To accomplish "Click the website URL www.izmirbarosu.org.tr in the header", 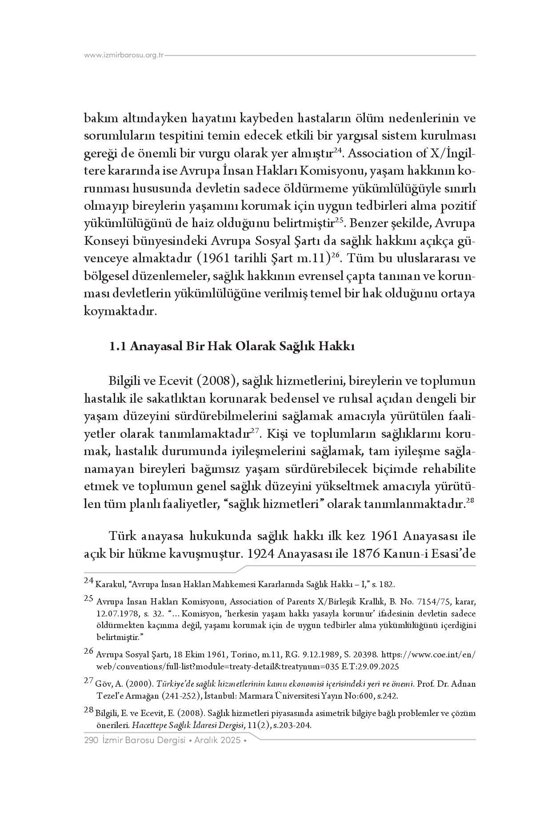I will click(x=124, y=56).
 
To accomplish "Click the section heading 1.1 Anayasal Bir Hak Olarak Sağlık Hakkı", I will click(x=232, y=347).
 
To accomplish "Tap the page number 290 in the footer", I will click(x=91, y=740).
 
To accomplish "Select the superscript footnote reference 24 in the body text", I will click(x=337, y=151).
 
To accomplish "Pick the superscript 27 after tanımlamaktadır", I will click(x=255, y=431).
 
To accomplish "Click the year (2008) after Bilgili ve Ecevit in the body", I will click(x=214, y=381).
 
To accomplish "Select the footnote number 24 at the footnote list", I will click(x=88, y=580).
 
